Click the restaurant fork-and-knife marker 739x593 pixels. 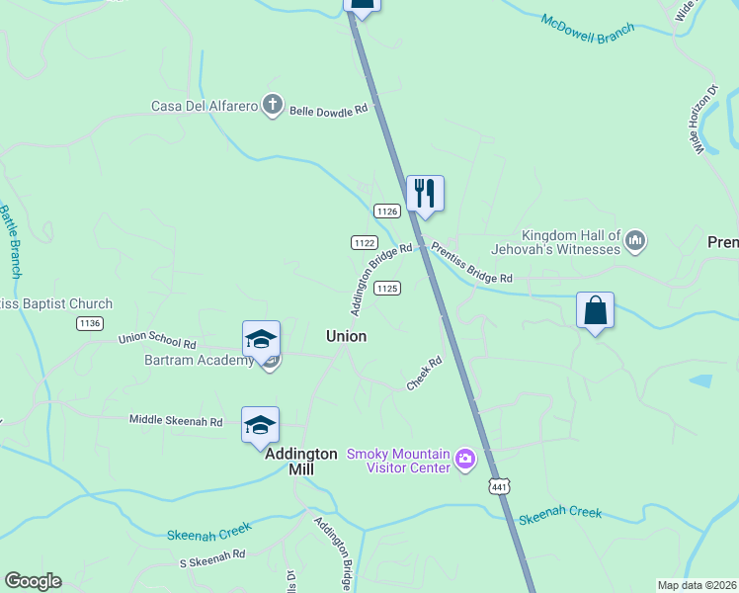(425, 194)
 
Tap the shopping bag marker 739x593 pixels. (595, 310)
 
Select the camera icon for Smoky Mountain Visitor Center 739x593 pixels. (465, 460)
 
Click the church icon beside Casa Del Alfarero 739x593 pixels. (273, 106)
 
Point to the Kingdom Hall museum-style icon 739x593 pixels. (635, 240)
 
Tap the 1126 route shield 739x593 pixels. (386, 211)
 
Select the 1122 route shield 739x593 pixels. (364, 242)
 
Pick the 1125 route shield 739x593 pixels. (386, 288)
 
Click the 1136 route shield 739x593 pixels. (90, 323)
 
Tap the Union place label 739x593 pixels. (346, 336)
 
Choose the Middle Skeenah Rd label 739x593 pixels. (176, 420)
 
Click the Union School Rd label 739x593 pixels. (157, 340)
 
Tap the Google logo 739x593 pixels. (33, 581)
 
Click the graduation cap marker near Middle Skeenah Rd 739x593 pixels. (260, 425)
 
